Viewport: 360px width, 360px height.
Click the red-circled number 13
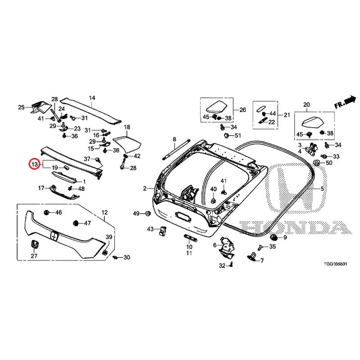[35, 165]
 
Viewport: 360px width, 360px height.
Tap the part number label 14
[92, 98]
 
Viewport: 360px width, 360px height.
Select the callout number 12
[104, 212]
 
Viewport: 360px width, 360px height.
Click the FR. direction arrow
[345, 103]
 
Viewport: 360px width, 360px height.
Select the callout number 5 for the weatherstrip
[322, 189]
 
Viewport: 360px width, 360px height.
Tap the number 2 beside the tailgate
[145, 189]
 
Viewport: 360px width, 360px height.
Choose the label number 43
[151, 229]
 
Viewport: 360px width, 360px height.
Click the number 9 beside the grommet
[284, 237]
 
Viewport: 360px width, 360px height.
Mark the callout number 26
[243, 110]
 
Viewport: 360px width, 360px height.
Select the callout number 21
[287, 115]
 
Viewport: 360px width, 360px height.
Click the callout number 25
[21, 107]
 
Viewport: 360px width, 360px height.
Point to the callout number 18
[127, 127]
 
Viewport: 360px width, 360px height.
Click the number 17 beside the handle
[40, 188]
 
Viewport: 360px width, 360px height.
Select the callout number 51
[238, 135]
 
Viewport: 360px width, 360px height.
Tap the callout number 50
[329, 162]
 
